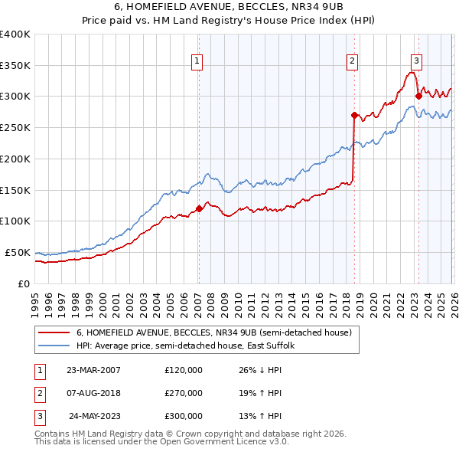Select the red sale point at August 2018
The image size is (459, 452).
[x=354, y=115]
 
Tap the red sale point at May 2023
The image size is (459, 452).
[x=418, y=96]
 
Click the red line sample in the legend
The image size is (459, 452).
[x=54, y=333]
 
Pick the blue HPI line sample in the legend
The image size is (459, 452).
[x=54, y=346]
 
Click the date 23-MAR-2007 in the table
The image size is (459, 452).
[x=94, y=370]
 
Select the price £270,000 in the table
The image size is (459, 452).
[x=184, y=393]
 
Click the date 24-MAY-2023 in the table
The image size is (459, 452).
[x=94, y=417]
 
